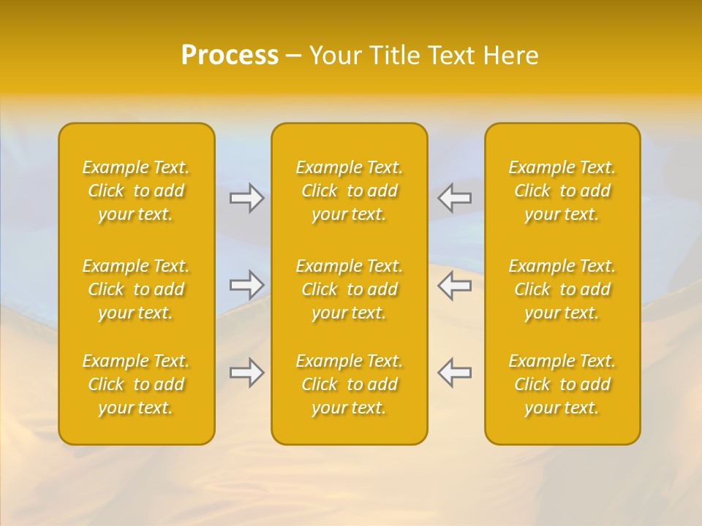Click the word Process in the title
click(x=230, y=56)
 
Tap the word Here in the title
click(x=511, y=56)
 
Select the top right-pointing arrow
click(x=246, y=198)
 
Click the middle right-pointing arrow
click(x=246, y=284)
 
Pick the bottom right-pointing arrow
click(x=246, y=373)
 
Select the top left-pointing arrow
click(x=455, y=198)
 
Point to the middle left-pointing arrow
click(x=455, y=284)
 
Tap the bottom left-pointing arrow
click(x=455, y=373)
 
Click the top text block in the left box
click(x=136, y=191)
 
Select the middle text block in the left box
click(x=136, y=289)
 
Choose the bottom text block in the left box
click(x=136, y=384)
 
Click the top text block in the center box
click(x=350, y=191)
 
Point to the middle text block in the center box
click(x=350, y=289)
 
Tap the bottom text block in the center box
click(x=350, y=384)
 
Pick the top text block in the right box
click(x=562, y=191)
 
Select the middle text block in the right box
click(x=562, y=289)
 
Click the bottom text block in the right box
click(x=562, y=384)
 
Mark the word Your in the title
click(x=333, y=56)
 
